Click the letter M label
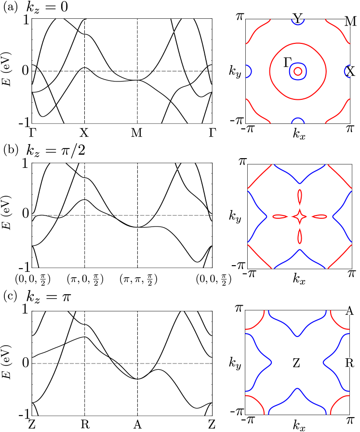tap(351, 21)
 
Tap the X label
tap(352, 72)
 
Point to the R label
tap(351, 363)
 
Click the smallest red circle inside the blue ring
tap(298, 71)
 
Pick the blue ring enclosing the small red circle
tap(291, 71)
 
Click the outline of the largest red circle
tap(270, 71)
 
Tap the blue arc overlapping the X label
tap(346, 72)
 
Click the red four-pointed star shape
tap(300, 216)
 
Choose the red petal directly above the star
tap(300, 197)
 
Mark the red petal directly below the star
tap(300, 236)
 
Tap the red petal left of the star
tap(280, 216)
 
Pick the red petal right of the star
tap(320, 216)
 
